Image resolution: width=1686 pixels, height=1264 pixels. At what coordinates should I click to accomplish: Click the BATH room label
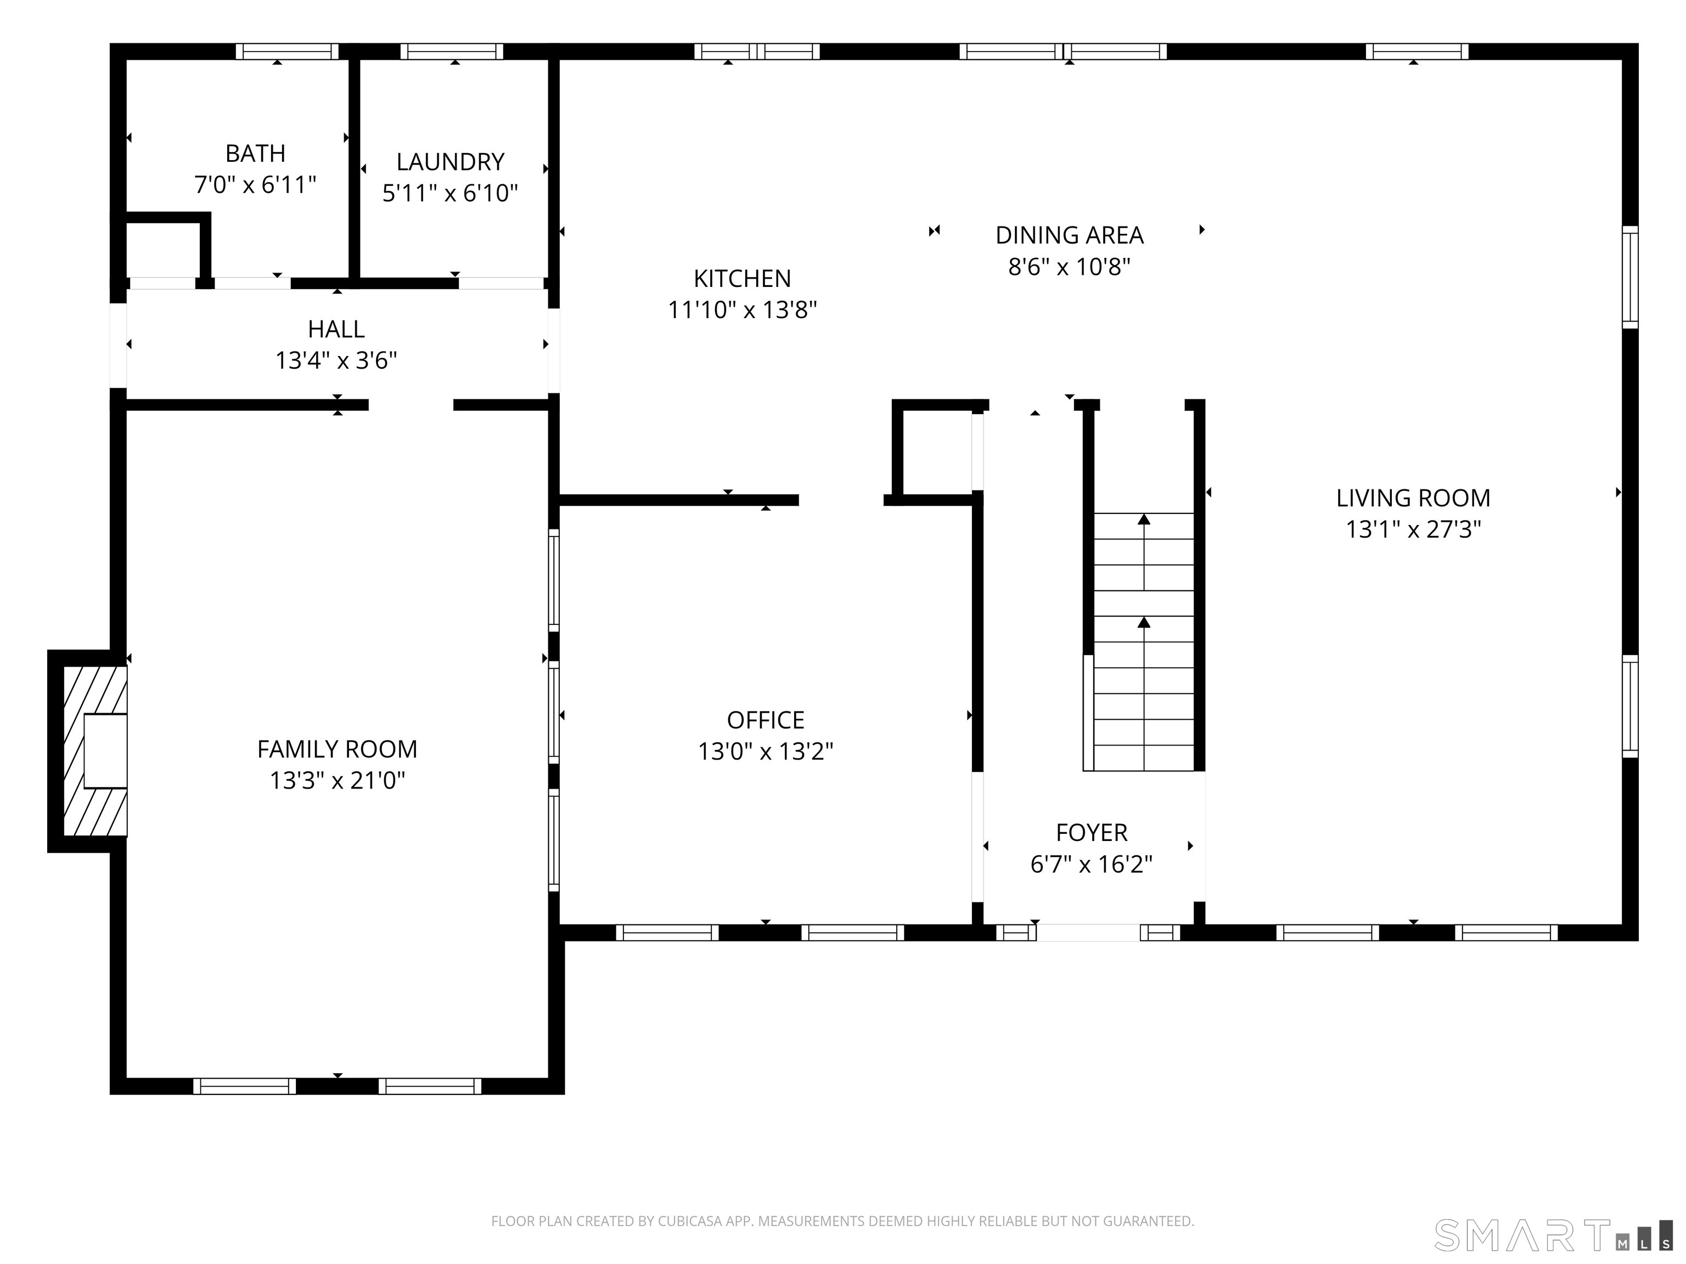(255, 153)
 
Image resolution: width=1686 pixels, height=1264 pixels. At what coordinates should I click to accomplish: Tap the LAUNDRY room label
(451, 161)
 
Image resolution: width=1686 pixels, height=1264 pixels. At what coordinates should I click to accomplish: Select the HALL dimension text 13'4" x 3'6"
(336, 360)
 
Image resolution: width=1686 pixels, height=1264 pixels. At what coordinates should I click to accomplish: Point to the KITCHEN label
(743, 278)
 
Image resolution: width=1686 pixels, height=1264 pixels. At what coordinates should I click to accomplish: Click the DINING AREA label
(1069, 235)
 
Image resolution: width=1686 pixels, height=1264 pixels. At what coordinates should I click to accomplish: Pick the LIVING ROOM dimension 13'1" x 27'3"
(1413, 529)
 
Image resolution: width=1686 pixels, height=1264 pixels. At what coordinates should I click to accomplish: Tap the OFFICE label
(765, 720)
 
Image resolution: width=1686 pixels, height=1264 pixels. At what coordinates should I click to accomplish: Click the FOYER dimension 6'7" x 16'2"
(1092, 864)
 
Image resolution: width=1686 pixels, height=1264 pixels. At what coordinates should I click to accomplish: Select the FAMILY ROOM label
(337, 749)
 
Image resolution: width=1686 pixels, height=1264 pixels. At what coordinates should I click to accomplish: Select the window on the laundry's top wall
(452, 51)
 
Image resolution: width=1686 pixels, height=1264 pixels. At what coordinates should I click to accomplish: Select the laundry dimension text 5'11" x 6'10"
(451, 193)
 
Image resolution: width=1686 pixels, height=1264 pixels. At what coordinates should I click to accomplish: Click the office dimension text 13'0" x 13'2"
(765, 751)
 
